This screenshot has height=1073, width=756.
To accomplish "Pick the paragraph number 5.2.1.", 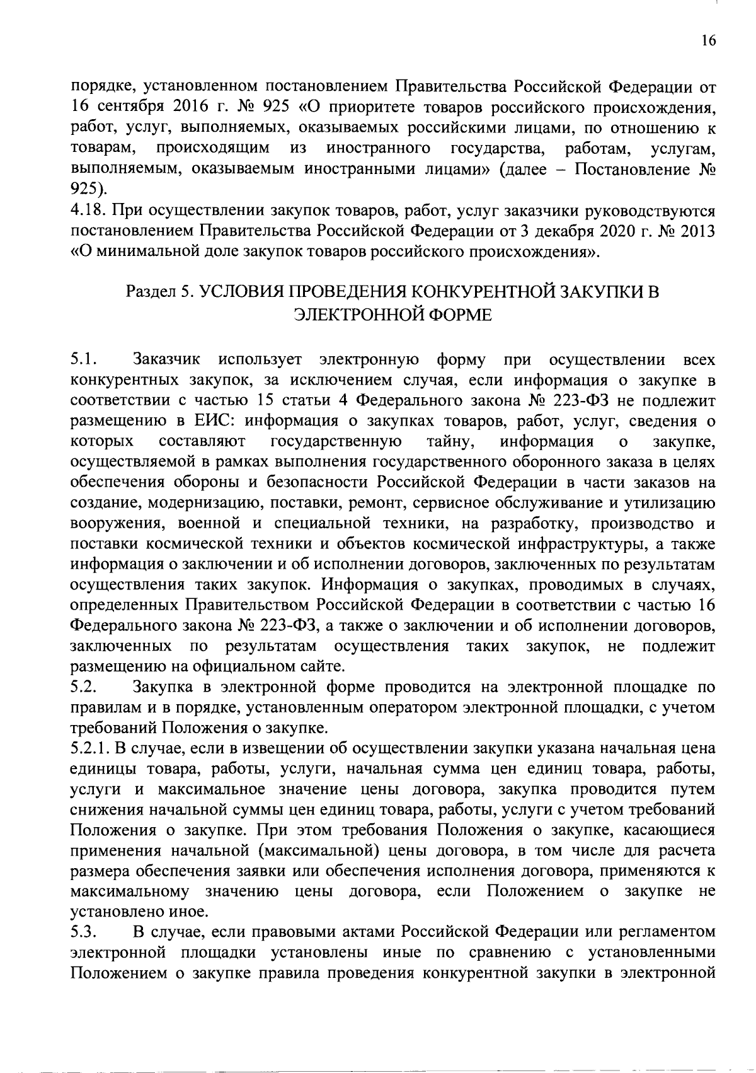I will click(x=89, y=749).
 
